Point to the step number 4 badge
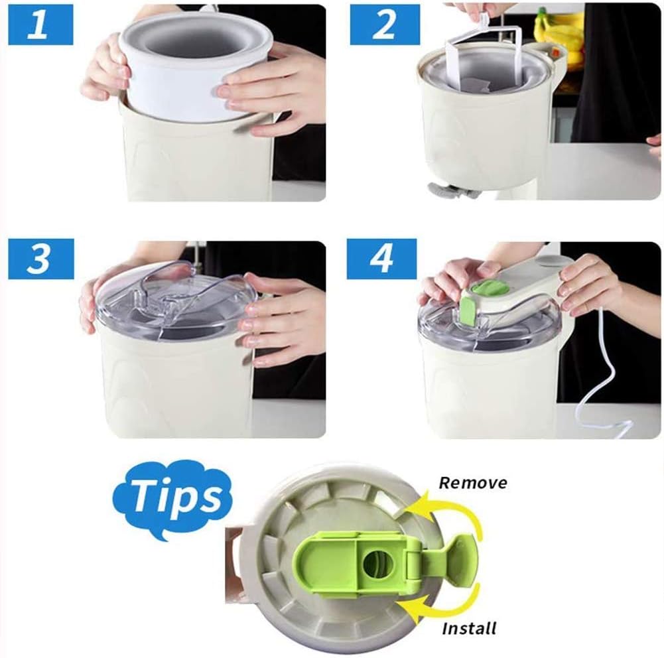[x=380, y=259]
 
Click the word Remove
[x=473, y=482]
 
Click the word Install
[x=469, y=627]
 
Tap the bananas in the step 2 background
[x=557, y=33]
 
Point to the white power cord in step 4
[x=597, y=385]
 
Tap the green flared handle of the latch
[x=458, y=561]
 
